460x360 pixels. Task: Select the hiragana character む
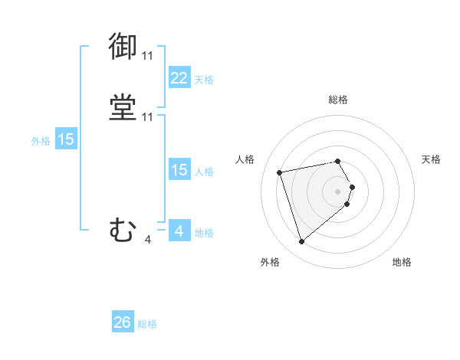(x=123, y=229)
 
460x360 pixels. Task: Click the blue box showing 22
(x=179, y=77)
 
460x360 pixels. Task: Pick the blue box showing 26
(x=123, y=322)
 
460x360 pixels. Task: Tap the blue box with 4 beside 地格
(x=179, y=231)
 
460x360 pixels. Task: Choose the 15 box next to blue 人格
(x=179, y=170)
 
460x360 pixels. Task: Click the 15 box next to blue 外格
(x=66, y=139)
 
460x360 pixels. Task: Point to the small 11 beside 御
(x=147, y=55)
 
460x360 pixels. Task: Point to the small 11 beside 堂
(x=147, y=117)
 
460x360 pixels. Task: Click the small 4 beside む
(x=147, y=240)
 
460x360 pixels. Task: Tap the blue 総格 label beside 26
(x=147, y=324)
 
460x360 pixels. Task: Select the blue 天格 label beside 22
(x=204, y=79)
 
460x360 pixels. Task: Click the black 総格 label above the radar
(x=338, y=100)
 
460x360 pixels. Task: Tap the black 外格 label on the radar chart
(x=270, y=262)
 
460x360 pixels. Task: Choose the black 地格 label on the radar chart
(x=402, y=262)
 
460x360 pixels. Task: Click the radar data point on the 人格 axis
(x=280, y=172)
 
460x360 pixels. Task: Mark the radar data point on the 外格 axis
(x=302, y=241)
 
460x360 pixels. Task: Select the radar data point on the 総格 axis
(x=338, y=161)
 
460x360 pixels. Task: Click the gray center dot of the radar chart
(x=338, y=191)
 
